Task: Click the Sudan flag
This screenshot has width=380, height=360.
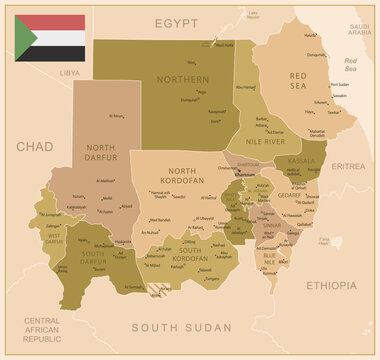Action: pos(49,37)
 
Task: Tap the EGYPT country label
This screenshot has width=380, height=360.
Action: pos(176,21)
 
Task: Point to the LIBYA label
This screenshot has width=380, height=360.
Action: pos(69,73)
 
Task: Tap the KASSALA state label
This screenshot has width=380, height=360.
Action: pos(300,160)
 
